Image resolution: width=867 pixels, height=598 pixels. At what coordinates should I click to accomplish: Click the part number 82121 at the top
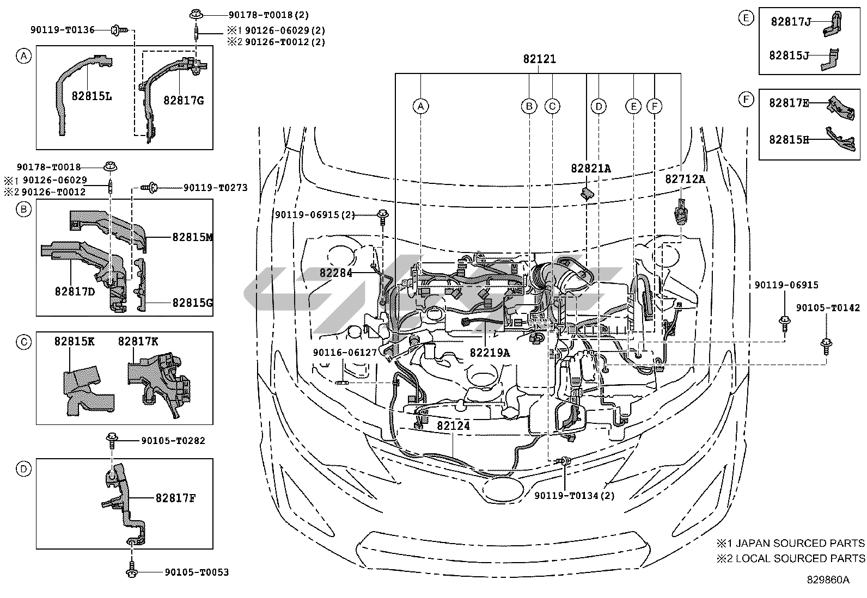[539, 59]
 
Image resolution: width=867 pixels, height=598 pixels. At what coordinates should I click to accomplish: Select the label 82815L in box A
[91, 96]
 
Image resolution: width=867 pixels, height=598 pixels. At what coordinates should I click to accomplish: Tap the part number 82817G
[184, 101]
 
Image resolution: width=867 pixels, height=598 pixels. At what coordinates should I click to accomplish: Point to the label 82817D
[75, 291]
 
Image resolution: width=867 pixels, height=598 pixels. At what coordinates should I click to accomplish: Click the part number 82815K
[74, 342]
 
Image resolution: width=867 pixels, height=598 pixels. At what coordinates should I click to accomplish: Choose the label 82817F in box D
[176, 498]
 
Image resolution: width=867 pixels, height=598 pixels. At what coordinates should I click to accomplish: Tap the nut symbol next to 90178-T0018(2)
[196, 15]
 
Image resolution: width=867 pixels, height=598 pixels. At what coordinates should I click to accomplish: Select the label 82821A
[591, 168]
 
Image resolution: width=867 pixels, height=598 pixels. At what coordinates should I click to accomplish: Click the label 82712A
[685, 179]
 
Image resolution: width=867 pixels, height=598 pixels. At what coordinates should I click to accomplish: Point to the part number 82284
[336, 273]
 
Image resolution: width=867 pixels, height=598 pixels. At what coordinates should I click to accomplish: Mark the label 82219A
[490, 353]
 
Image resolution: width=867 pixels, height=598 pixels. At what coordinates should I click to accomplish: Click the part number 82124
[453, 426]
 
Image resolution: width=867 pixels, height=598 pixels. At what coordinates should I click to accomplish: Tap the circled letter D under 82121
[599, 106]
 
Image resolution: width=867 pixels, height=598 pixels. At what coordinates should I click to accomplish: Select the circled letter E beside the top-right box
[746, 18]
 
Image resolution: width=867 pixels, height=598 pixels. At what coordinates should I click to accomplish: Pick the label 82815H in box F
[789, 140]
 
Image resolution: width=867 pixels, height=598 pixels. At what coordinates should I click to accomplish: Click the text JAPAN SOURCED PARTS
[800, 544]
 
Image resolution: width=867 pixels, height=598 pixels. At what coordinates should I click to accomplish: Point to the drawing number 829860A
[828, 580]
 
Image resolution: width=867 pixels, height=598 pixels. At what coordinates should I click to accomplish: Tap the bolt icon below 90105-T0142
[826, 346]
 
